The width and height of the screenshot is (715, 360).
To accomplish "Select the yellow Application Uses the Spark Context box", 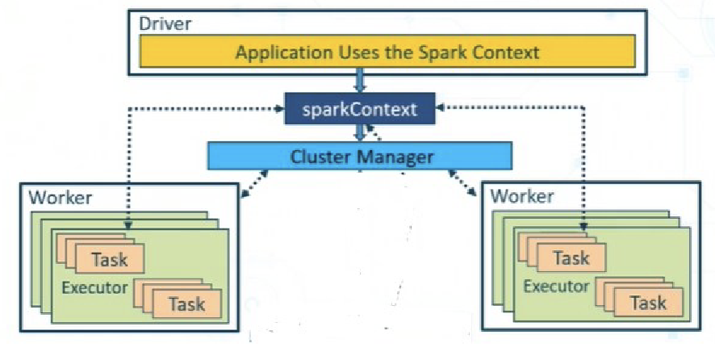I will tap(387, 53).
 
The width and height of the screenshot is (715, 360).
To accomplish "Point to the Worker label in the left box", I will tap(61, 198).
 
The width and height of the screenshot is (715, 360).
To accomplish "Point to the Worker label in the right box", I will tap(522, 196).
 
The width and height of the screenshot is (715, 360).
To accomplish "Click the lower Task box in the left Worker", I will tap(186, 303).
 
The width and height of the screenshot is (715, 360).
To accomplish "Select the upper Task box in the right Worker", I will tap(571, 258).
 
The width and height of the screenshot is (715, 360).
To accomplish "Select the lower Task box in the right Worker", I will tap(647, 302).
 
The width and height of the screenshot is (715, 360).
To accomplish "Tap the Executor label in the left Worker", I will tap(96, 287).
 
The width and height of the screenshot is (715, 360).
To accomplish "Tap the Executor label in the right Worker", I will tap(557, 287).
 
